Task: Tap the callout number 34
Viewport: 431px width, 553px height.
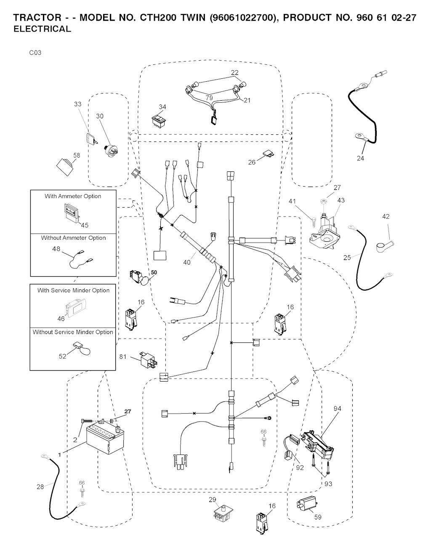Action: tap(162, 107)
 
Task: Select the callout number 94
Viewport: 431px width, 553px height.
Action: tap(337, 409)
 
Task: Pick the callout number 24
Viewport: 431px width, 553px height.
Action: tap(360, 158)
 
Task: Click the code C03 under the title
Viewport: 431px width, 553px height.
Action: tap(35, 53)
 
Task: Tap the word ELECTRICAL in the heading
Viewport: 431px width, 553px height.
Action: tap(42, 29)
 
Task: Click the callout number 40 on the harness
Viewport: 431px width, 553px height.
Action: tap(187, 262)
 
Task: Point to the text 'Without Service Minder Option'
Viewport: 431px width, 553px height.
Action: tap(73, 332)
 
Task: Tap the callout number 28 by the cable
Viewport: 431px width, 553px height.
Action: tap(40, 487)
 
